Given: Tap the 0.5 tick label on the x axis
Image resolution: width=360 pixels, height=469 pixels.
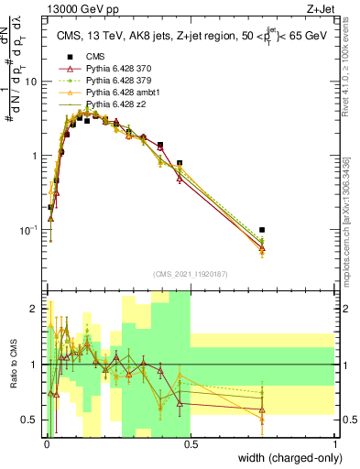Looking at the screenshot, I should click(191, 443).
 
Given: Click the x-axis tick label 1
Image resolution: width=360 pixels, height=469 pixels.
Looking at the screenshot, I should click(335, 443).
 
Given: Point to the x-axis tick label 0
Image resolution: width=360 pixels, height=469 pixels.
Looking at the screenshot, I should click(46, 443).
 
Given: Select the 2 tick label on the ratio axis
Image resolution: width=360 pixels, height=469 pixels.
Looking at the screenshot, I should click(35, 309).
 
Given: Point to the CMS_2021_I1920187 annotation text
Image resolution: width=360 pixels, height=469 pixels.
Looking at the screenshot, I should click(190, 274).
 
